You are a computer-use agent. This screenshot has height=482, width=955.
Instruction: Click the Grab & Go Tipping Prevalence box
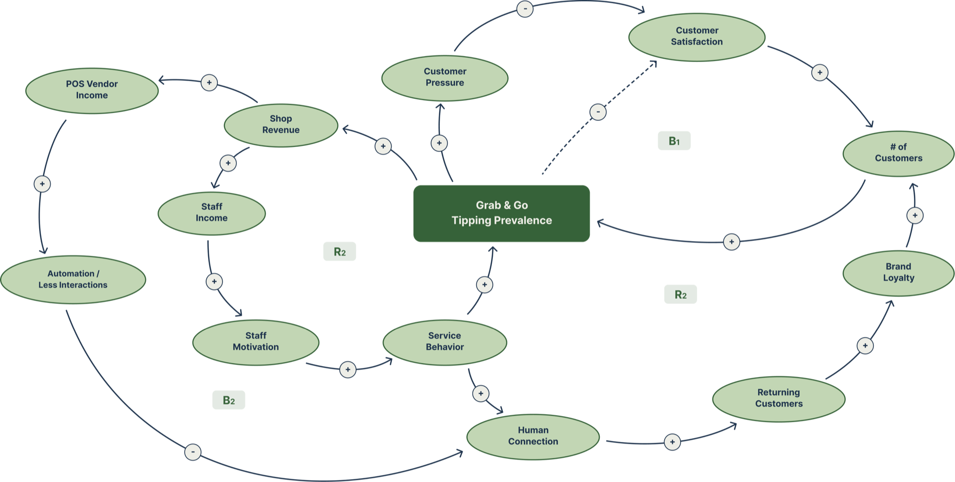pos(501,213)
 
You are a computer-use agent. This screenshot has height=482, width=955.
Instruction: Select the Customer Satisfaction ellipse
pos(697,37)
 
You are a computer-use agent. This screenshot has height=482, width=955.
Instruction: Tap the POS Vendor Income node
pos(92,90)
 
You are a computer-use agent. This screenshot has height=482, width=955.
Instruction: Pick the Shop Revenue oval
pos(281,125)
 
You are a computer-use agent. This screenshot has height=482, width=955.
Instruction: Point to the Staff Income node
pos(212,213)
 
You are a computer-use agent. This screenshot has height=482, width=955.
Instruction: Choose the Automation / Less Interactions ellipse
pos(73,280)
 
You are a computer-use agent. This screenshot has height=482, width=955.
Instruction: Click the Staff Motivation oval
pos(256,342)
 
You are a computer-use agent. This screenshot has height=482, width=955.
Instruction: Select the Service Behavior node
pos(445,342)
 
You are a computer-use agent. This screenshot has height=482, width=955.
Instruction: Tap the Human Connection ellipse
pos(533,436)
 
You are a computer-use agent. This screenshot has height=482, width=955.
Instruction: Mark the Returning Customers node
pos(779,398)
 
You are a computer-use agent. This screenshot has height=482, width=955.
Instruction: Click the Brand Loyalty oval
pos(898,273)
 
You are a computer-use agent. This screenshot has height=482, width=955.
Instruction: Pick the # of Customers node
pos(898,153)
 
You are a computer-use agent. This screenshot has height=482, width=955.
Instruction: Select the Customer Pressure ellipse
pos(445,78)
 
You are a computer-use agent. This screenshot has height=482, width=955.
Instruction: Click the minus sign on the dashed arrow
pos(598,112)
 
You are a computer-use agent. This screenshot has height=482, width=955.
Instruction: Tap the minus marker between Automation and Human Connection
pos(193,452)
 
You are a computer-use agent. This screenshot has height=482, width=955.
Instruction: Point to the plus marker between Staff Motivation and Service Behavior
pos(348,369)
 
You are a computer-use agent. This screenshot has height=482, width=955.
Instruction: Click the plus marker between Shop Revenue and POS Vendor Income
pos(209,83)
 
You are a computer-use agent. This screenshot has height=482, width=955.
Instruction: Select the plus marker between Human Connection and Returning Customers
pos(672,442)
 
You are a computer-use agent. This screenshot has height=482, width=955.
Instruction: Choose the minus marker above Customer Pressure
pos(525,9)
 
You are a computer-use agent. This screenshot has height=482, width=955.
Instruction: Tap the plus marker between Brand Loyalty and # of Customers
pos(915,215)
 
